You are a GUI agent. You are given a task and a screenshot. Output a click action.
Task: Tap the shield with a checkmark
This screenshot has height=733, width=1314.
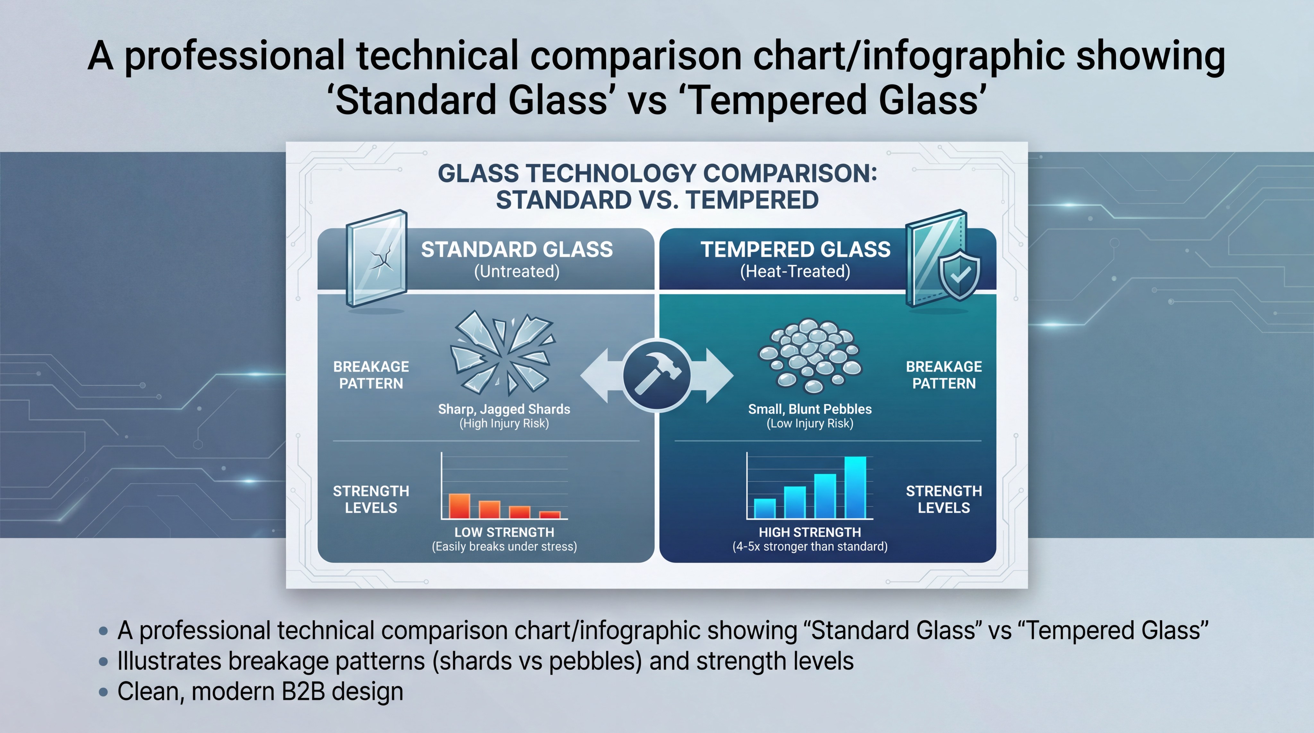click(959, 275)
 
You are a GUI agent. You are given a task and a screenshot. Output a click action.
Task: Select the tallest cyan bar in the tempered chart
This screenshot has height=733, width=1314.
click(855, 487)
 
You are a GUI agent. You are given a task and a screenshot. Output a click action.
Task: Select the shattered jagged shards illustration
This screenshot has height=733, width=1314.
click(502, 353)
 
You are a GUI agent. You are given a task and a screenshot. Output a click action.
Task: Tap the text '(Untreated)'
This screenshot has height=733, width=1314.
click(517, 271)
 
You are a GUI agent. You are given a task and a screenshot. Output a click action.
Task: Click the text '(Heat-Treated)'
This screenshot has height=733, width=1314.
click(795, 271)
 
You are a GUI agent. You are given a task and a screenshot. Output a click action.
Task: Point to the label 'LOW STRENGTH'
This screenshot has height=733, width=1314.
click(504, 532)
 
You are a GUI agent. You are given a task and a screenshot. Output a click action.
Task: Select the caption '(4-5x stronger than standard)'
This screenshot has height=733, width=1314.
click(809, 546)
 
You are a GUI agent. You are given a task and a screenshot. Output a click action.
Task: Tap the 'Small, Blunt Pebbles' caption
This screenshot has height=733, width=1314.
click(809, 409)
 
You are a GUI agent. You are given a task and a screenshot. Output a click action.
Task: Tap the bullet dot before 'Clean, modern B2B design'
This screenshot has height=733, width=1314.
click(104, 692)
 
